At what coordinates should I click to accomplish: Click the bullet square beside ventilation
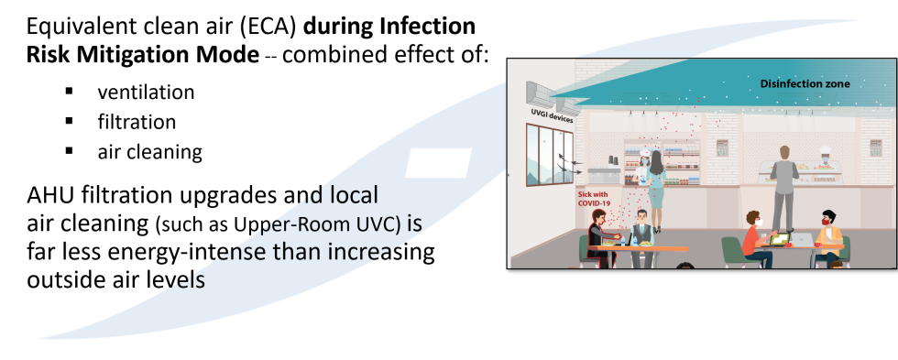pos(70,91)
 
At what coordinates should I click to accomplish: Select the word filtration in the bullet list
pos(137,122)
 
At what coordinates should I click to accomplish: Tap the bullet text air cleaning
pos(149,152)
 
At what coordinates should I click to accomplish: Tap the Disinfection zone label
pos(805,84)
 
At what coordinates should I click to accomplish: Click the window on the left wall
pos(549,155)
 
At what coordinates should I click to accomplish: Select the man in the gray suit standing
pos(784,189)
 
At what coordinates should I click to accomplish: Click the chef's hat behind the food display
pos(825,150)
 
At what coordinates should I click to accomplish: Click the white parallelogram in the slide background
pos(439,163)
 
